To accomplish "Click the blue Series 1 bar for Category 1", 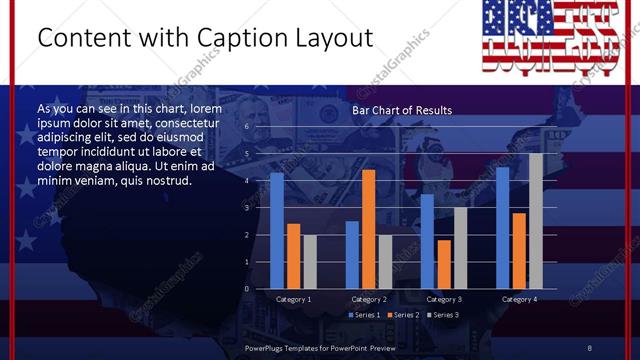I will [x=277, y=230].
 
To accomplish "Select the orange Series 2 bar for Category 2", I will [x=368, y=229].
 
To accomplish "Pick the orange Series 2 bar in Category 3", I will [x=443, y=264].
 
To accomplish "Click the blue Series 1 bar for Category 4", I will [x=502, y=227].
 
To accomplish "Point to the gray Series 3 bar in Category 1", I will [x=309, y=261].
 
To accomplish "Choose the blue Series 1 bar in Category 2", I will [x=352, y=254].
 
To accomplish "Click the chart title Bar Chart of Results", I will [x=401, y=110].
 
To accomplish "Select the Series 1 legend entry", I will [x=365, y=315].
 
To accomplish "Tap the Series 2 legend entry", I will [x=403, y=315].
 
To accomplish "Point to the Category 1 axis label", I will [x=293, y=299].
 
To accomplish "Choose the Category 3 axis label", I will [x=443, y=299].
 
